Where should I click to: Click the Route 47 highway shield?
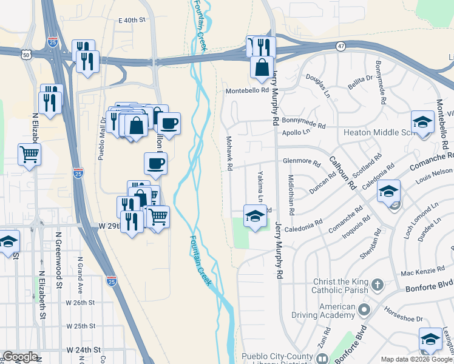pyautogui.click(x=341, y=45)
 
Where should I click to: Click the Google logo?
pyautogui.click(x=20, y=357)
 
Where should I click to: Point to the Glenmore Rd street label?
pyautogui.click(x=302, y=162)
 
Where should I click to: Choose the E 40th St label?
pyautogui.click(x=133, y=20)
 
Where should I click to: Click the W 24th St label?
pyautogui.click(x=83, y=350)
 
